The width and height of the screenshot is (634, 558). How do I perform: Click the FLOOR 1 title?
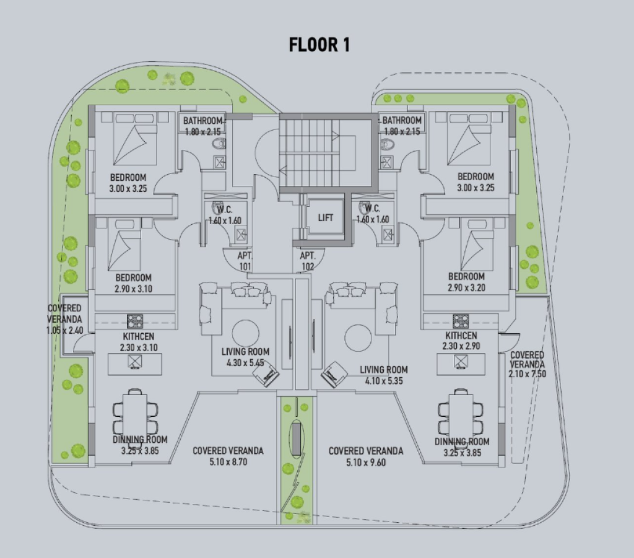pos(319,45)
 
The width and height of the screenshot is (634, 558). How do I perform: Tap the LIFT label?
pos(326,217)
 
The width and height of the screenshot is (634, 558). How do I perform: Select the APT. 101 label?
pos(245,261)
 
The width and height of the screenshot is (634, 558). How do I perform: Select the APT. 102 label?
pos(307,261)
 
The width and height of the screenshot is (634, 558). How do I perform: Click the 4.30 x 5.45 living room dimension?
pos(245,363)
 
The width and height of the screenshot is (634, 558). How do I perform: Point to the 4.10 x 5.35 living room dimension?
pos(384,380)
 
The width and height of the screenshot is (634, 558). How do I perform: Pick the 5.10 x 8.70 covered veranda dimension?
pos(228,462)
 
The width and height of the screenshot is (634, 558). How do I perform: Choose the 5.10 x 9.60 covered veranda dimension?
pos(366,462)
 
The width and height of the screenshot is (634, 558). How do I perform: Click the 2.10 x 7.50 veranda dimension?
pos(528,373)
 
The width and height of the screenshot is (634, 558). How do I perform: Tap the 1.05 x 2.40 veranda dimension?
pos(64,330)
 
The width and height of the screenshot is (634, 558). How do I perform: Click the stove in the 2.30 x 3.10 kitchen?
pos(134,321)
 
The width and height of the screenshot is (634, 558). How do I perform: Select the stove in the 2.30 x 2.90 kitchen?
pos(461,321)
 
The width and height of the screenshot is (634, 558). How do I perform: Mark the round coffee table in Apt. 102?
pos(358,338)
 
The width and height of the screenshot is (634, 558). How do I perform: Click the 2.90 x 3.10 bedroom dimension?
pos(134,289)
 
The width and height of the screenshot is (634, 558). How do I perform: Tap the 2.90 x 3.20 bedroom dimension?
pos(466,287)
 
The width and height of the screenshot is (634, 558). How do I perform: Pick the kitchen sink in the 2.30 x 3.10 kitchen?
pos(134,362)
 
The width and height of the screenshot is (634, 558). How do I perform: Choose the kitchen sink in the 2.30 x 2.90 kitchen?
pos(461,362)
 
